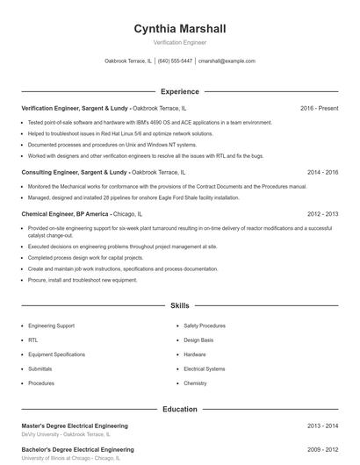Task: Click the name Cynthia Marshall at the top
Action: tap(179, 28)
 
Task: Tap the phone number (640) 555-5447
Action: tap(175, 61)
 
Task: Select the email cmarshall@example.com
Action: tap(227, 61)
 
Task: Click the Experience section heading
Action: tap(179, 91)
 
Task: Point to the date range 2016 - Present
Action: tap(319, 108)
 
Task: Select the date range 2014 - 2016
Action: tap(322, 172)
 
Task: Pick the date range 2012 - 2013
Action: tap(322, 213)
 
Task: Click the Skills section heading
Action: tap(179, 305)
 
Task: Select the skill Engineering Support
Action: tap(51, 325)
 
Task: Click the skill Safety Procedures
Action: tap(205, 325)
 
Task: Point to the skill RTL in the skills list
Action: tap(33, 340)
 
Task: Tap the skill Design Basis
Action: tap(198, 340)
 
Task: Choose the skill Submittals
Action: tap(40, 368)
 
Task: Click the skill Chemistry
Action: tap(195, 383)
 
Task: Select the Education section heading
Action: tap(179, 409)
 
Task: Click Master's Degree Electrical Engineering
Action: tap(75, 426)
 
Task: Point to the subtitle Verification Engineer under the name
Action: tap(179, 41)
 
